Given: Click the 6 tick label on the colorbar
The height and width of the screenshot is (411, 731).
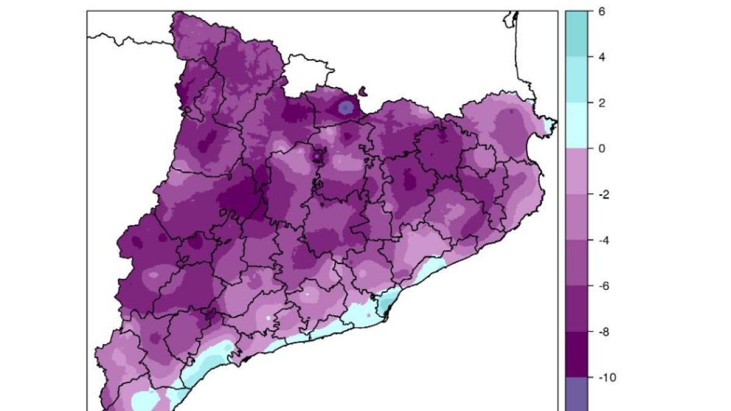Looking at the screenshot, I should [x=601, y=12].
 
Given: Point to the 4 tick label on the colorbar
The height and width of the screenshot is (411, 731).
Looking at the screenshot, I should [x=601, y=57].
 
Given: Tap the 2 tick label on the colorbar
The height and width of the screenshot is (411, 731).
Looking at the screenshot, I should [x=601, y=103].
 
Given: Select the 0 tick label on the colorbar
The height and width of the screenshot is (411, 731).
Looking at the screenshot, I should [x=601, y=149].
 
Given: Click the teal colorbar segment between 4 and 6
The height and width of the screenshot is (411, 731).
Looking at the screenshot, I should [x=577, y=34].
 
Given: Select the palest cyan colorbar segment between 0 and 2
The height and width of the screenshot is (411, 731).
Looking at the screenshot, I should [x=577, y=125].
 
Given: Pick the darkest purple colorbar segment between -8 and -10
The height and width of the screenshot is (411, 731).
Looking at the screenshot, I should [x=577, y=355].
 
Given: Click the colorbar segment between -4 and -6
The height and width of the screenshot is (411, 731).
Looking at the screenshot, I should [x=577, y=263].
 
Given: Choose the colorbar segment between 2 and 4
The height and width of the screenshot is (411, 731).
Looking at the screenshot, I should [x=577, y=80].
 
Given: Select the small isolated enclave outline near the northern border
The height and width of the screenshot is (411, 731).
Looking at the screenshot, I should [x=364, y=93].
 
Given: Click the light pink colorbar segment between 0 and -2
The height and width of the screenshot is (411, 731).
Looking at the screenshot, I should [x=577, y=171].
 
